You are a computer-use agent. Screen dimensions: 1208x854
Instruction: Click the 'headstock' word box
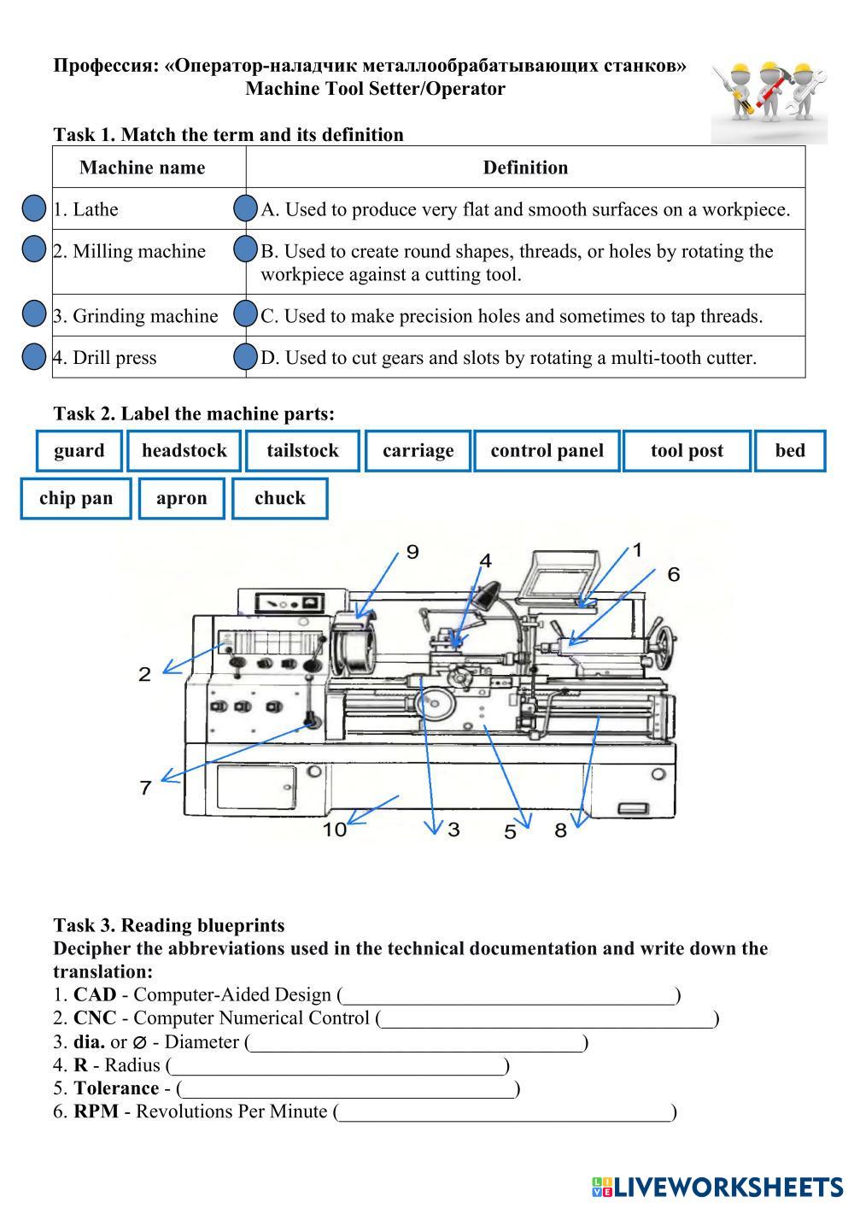pos(184,451)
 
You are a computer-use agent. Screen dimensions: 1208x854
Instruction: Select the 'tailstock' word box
pos(302,451)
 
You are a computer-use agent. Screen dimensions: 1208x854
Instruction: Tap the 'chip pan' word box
pos(76,499)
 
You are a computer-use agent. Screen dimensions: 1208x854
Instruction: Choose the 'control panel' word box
pos(547,451)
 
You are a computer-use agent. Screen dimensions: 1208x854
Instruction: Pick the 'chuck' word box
pos(279,499)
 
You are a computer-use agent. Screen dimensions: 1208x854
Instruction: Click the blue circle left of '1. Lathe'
pos(33,209)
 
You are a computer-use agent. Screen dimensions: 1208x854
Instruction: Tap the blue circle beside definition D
pos(245,357)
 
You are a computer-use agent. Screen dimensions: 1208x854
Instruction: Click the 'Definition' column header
pos(525,167)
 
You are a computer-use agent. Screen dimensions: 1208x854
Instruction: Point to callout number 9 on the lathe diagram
pos(412,552)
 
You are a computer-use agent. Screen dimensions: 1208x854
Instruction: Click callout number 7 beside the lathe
pos(145,788)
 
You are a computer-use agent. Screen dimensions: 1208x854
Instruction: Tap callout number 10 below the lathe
pos(335,829)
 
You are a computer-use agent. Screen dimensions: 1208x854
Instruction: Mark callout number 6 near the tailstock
pos(674,574)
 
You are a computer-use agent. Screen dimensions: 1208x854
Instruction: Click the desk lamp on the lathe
pos(486,594)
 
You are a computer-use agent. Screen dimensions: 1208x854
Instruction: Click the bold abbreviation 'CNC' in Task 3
pos(95,1018)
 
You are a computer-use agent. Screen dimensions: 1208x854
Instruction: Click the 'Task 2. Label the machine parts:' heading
pos(194,414)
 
